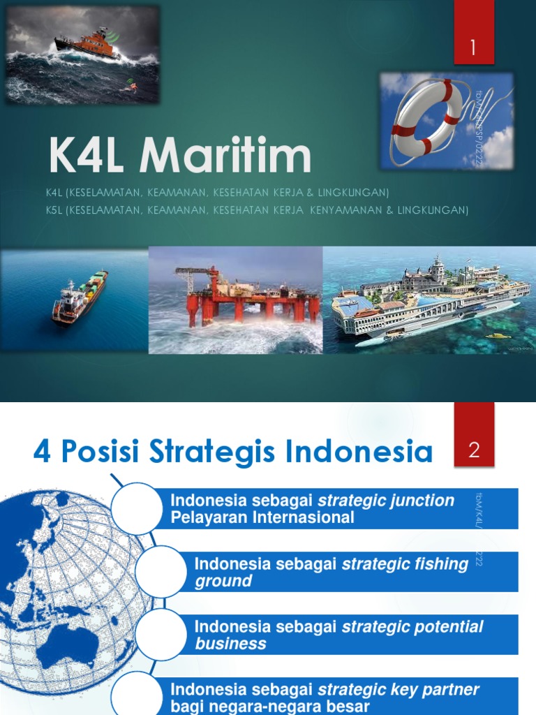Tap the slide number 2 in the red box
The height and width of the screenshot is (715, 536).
click(x=474, y=450)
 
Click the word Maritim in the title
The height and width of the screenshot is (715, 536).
click(x=225, y=156)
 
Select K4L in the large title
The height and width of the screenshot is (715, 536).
click(x=88, y=156)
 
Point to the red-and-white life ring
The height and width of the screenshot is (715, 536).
click(x=426, y=117)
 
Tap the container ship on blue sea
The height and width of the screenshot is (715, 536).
click(x=80, y=296)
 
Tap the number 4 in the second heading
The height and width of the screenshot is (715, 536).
click(x=43, y=452)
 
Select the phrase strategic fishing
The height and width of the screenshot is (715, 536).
click(x=405, y=563)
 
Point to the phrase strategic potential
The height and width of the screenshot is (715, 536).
click(x=412, y=626)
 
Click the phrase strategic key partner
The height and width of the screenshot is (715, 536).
click(x=399, y=690)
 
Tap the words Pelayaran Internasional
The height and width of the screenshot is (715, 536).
click(x=262, y=517)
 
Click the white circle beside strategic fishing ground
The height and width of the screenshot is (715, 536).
click(x=162, y=571)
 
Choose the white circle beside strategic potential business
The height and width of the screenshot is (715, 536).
click(x=162, y=634)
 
